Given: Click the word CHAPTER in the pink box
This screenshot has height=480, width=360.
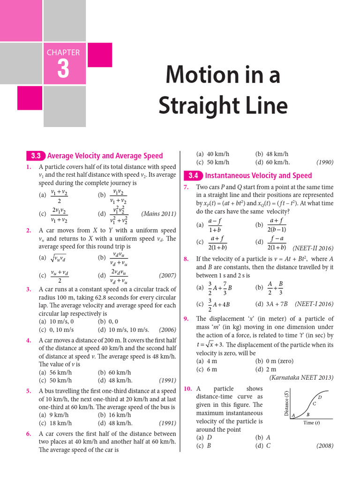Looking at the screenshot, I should point(63,52).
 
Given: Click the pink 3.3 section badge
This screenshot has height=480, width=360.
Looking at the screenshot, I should point(36,156).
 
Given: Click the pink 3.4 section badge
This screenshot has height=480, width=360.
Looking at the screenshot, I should point(193,176).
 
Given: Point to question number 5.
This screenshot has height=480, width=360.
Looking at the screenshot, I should point(29,390).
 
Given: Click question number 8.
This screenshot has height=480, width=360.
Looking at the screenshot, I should point(186,259).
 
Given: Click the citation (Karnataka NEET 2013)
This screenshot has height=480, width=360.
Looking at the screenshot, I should point(301,377).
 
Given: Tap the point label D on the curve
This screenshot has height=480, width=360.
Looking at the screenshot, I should point(320,397).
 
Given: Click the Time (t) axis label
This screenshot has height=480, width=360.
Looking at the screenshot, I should point(312,423).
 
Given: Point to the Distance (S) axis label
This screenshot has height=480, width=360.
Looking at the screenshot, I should point(286,404).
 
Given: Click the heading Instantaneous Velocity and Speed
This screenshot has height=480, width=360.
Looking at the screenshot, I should point(258,176).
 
